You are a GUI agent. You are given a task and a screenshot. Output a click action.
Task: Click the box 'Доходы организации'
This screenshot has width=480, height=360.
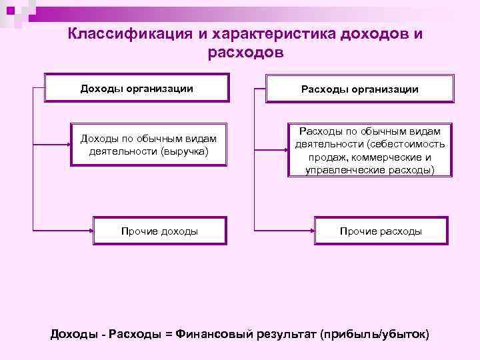pos(137,88)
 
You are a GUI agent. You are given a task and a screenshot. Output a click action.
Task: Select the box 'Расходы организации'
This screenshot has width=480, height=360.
pos(359,89)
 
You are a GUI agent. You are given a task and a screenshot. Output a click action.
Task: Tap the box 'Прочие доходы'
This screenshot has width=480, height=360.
pos(159,231)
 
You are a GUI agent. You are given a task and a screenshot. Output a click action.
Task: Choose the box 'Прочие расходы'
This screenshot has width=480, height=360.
pos(381,231)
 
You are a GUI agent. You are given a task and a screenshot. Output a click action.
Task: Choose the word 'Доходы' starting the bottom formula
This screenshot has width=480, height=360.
pos(73,333)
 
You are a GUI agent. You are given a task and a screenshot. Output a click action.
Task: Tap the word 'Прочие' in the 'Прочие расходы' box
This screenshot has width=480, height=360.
pos(359,231)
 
